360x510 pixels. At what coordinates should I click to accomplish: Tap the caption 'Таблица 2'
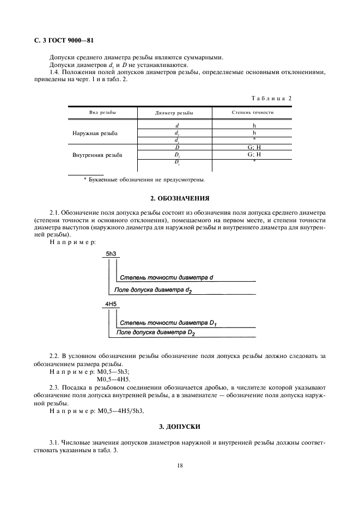[x=271, y=98]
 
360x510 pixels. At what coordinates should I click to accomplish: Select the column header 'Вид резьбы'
[x=102, y=113]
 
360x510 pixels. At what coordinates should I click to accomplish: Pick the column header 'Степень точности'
[x=253, y=113]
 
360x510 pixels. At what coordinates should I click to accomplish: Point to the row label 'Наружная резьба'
[x=95, y=133]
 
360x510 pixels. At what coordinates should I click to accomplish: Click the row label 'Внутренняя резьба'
[x=97, y=155]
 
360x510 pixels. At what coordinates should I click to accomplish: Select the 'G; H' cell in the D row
[x=254, y=147]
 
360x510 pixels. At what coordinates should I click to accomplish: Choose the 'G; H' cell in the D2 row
[x=254, y=154]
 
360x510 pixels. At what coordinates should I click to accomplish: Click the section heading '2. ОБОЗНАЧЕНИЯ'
[x=180, y=198]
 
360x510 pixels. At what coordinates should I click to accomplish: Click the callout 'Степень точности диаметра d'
[x=166, y=277]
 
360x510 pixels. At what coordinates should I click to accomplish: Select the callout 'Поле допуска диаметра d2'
[x=153, y=290]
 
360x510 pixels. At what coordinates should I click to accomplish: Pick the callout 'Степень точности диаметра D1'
[x=168, y=323]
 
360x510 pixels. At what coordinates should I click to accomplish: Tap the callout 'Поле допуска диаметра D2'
[x=156, y=332]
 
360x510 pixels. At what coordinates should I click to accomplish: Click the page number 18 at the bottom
[x=180, y=466]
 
